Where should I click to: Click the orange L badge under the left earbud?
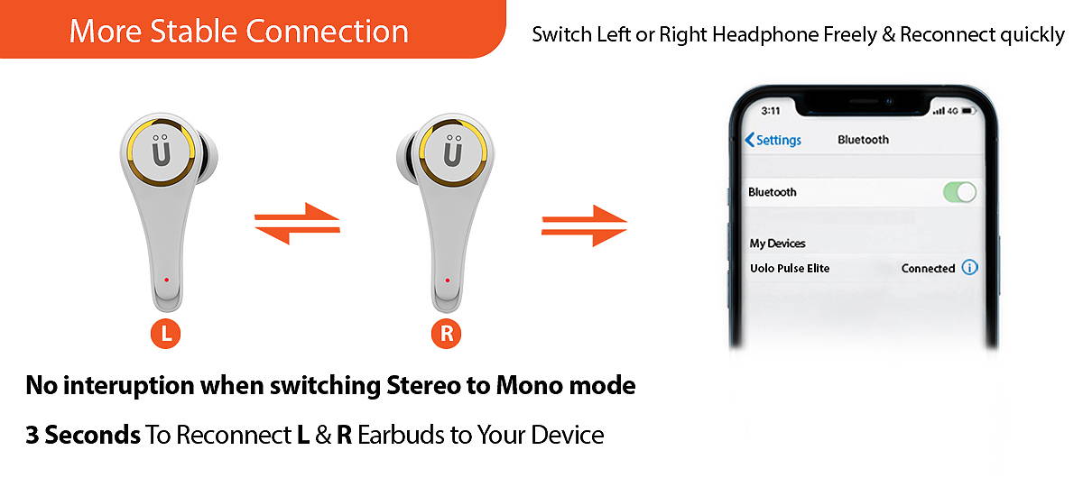click(165, 334)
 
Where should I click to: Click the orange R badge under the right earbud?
click(446, 334)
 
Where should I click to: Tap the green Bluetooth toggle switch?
click(959, 192)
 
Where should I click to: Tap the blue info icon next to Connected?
click(969, 267)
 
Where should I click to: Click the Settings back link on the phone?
click(773, 140)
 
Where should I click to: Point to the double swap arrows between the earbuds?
click(297, 224)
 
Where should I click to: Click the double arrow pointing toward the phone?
click(584, 225)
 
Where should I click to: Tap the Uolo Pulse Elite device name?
click(790, 268)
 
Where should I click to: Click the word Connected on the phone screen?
click(928, 268)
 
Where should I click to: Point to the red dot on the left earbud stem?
click(166, 280)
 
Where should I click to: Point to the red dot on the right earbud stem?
click(448, 280)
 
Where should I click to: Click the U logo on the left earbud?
click(161, 151)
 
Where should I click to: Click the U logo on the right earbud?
click(453, 151)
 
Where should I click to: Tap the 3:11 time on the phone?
click(770, 111)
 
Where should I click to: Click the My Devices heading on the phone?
click(777, 244)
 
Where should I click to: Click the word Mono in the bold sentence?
click(530, 385)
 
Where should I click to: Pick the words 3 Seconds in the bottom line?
click(83, 435)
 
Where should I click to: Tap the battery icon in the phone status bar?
click(968, 111)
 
